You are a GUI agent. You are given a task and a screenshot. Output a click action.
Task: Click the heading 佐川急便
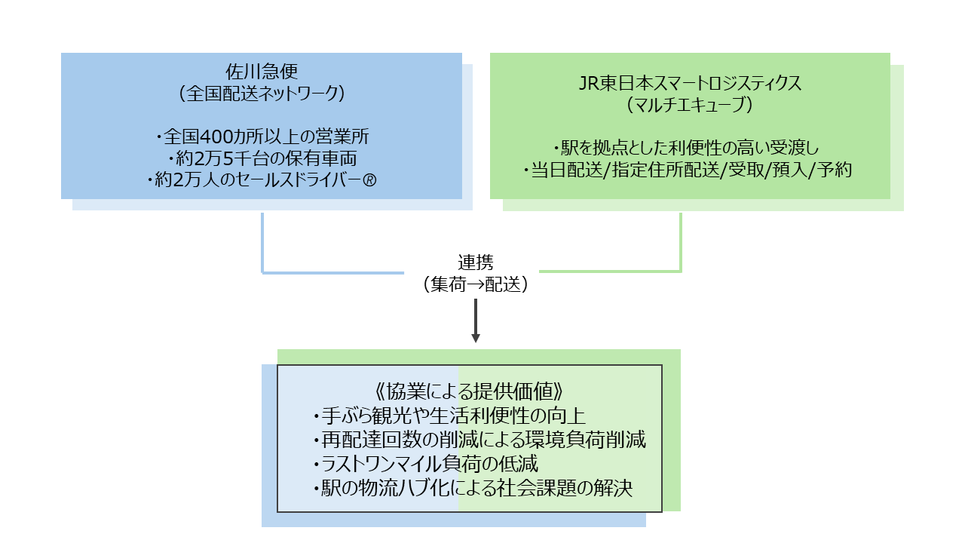pyautogui.click(x=262, y=72)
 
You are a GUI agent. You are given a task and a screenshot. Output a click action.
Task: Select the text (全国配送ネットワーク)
pyautogui.click(x=262, y=94)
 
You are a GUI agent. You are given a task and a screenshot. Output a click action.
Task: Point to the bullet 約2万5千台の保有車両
pyautogui.click(x=262, y=159)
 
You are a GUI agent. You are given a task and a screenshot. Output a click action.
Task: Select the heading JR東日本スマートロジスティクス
pyautogui.click(x=690, y=83)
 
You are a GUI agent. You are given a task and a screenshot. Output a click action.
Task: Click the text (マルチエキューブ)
pyautogui.click(x=690, y=105)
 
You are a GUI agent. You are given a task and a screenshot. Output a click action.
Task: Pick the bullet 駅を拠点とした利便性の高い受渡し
pyautogui.click(x=690, y=149)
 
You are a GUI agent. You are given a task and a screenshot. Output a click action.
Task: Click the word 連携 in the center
pyautogui.click(x=476, y=263)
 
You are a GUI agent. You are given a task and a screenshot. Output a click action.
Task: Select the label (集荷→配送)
pyautogui.click(x=476, y=285)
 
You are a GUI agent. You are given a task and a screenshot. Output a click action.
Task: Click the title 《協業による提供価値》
pyautogui.click(x=469, y=392)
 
